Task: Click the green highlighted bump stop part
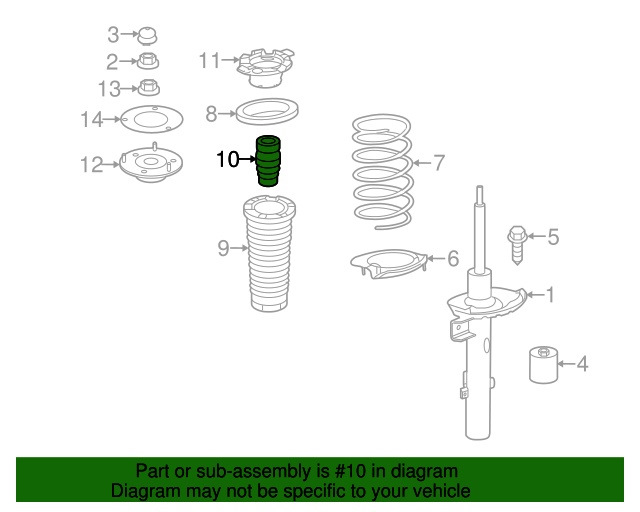point(268,161)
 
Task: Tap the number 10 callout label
point(227,159)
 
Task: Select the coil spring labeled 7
point(382,171)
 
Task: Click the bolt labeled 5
point(517,245)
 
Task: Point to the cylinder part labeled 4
point(543,365)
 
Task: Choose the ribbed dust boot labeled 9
point(269,254)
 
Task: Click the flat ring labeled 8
point(267,111)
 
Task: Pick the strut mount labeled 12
point(151,163)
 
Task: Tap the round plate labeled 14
point(152,119)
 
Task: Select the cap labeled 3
point(147,36)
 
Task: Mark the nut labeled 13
point(149,88)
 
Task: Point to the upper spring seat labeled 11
point(266,68)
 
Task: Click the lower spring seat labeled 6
point(389,264)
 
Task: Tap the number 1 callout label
point(551,294)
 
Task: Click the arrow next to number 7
point(422,163)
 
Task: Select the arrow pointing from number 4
point(566,363)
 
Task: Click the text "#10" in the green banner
point(351,471)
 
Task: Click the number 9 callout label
point(223,248)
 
